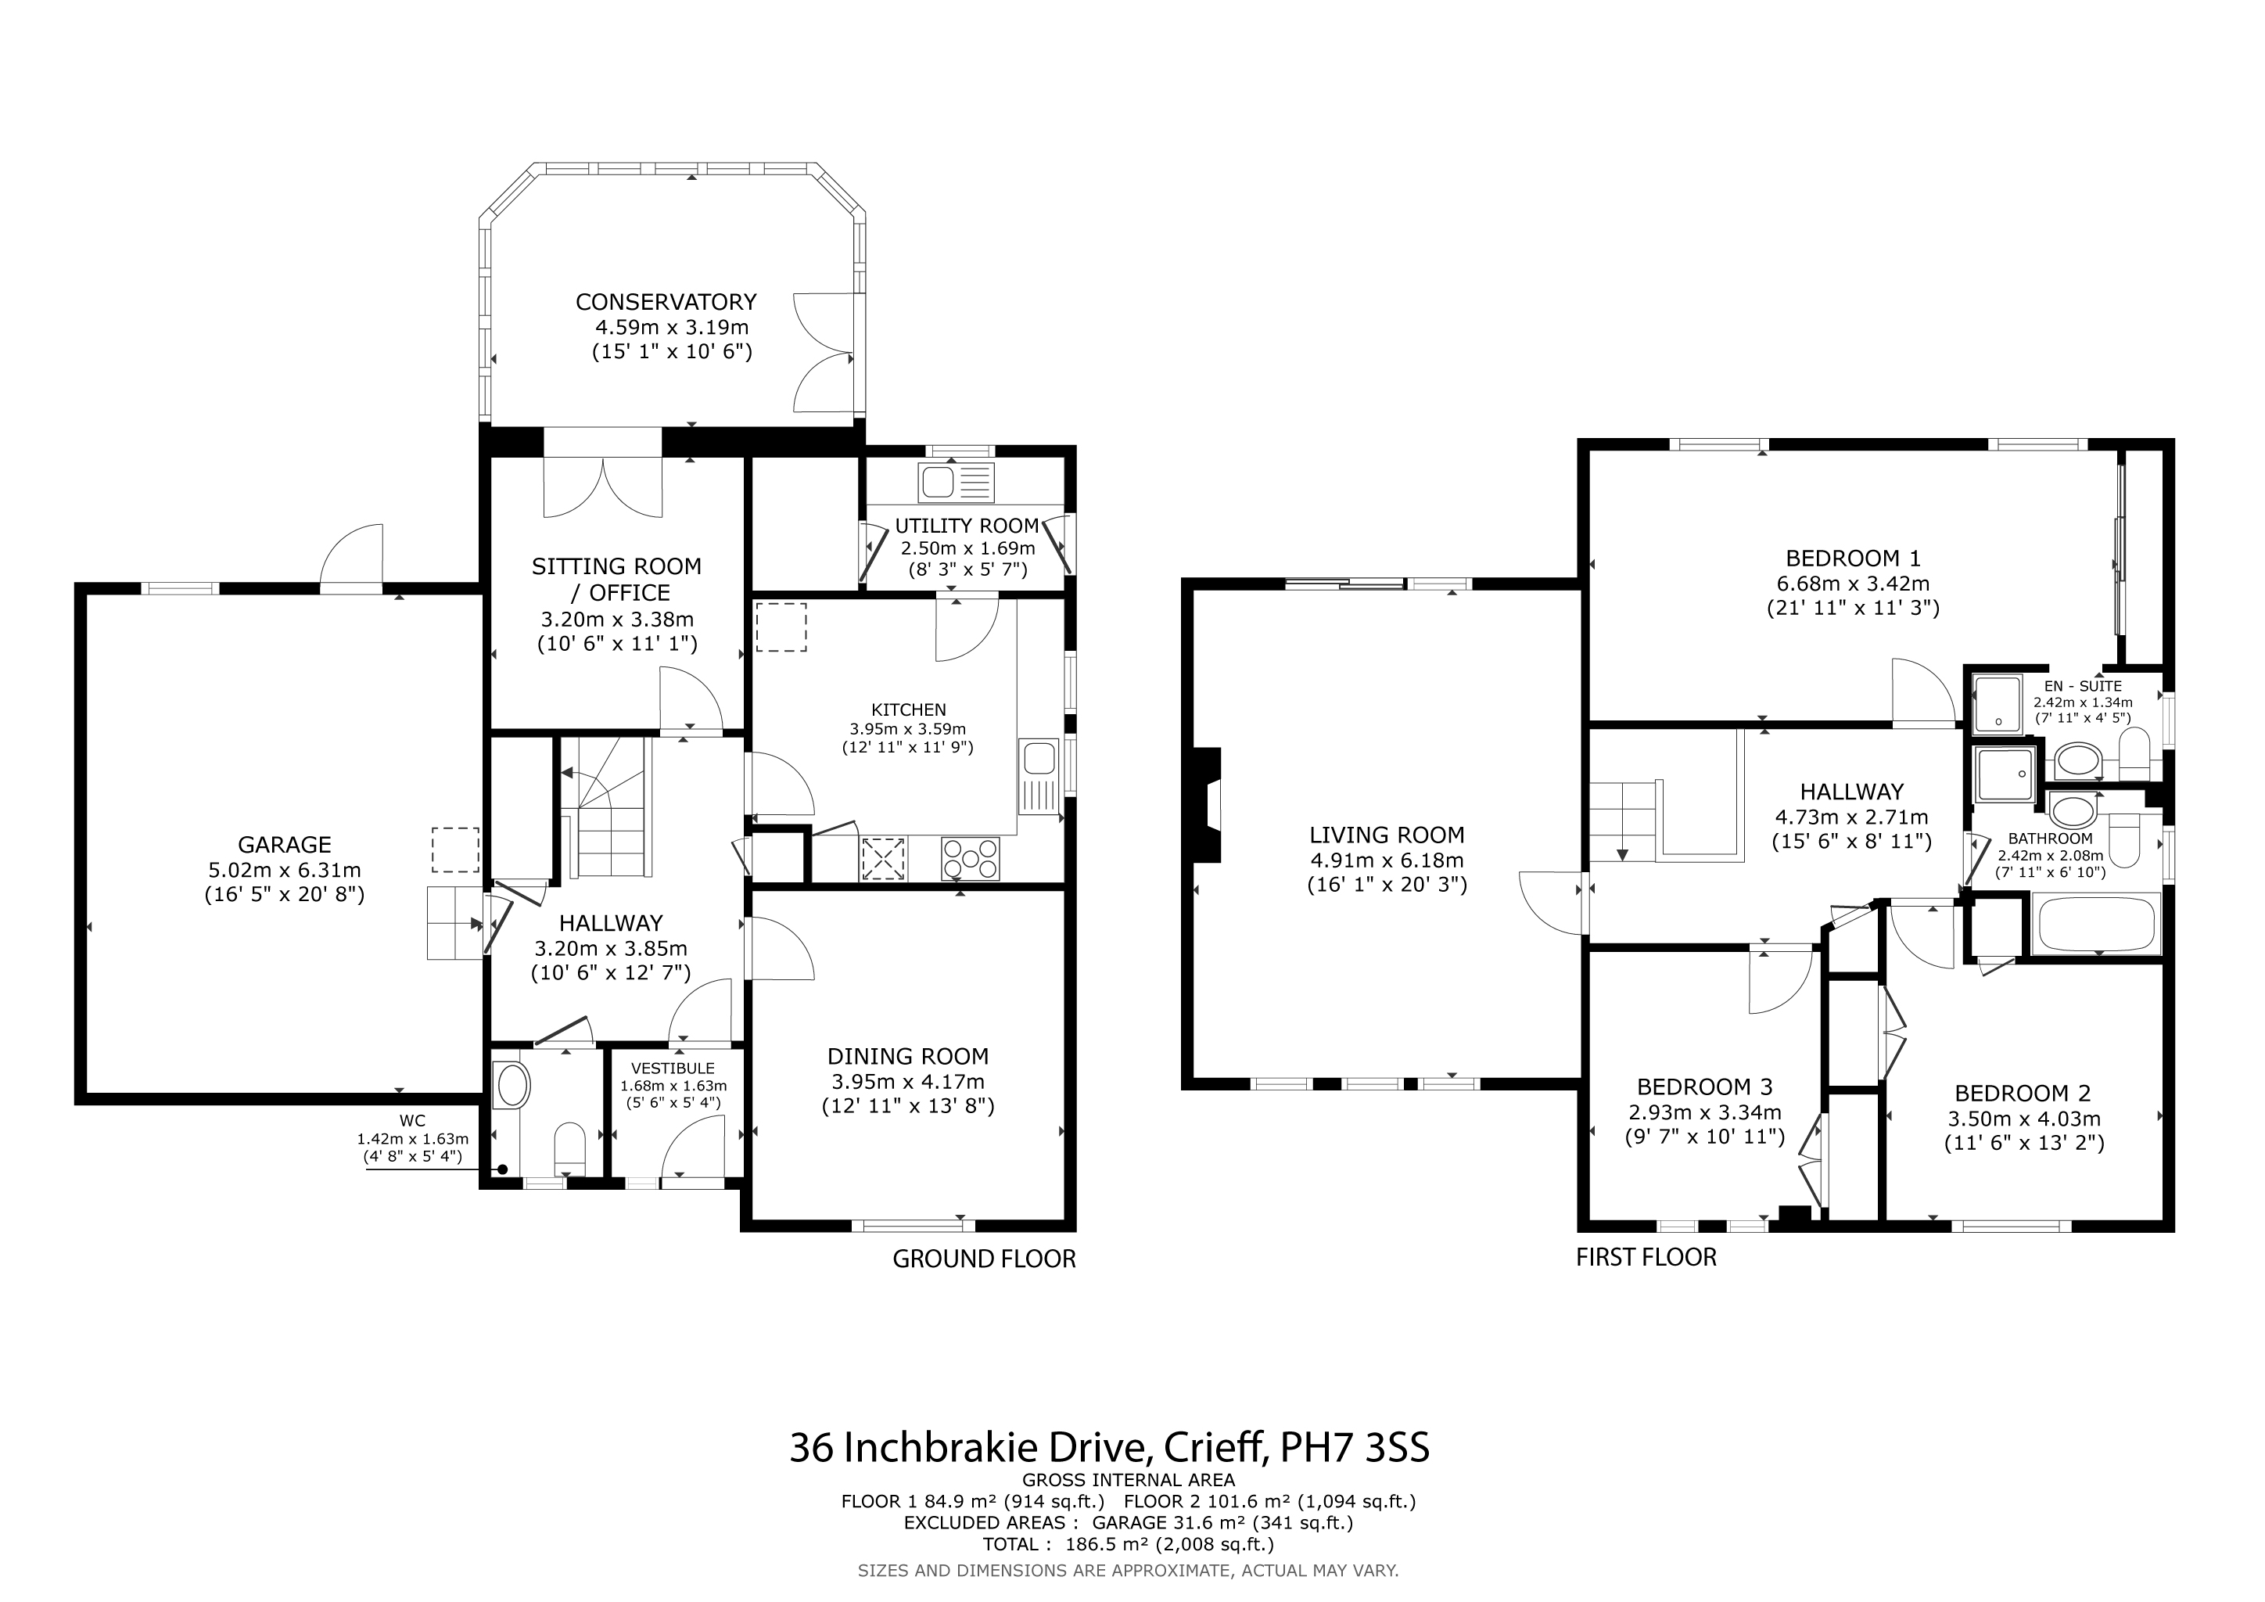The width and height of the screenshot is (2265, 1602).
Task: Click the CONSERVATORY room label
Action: [x=666, y=302]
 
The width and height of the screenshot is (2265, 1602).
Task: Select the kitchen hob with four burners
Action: [x=970, y=857]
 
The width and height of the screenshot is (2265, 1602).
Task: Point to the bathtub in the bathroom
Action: [x=2096, y=925]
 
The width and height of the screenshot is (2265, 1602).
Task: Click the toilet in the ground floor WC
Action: [x=570, y=1148]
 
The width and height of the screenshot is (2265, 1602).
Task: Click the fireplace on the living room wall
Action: [x=1208, y=805]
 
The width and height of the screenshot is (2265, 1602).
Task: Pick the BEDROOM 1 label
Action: [x=1854, y=559]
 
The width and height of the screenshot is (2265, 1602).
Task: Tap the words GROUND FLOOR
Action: [x=984, y=1259]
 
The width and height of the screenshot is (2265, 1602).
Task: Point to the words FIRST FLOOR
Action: [x=1646, y=1258]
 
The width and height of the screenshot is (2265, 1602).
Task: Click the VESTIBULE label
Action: [x=673, y=1069]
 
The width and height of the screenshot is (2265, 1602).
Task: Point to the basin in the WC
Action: [x=513, y=1086]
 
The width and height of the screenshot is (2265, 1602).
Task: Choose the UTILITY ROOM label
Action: [x=967, y=526]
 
